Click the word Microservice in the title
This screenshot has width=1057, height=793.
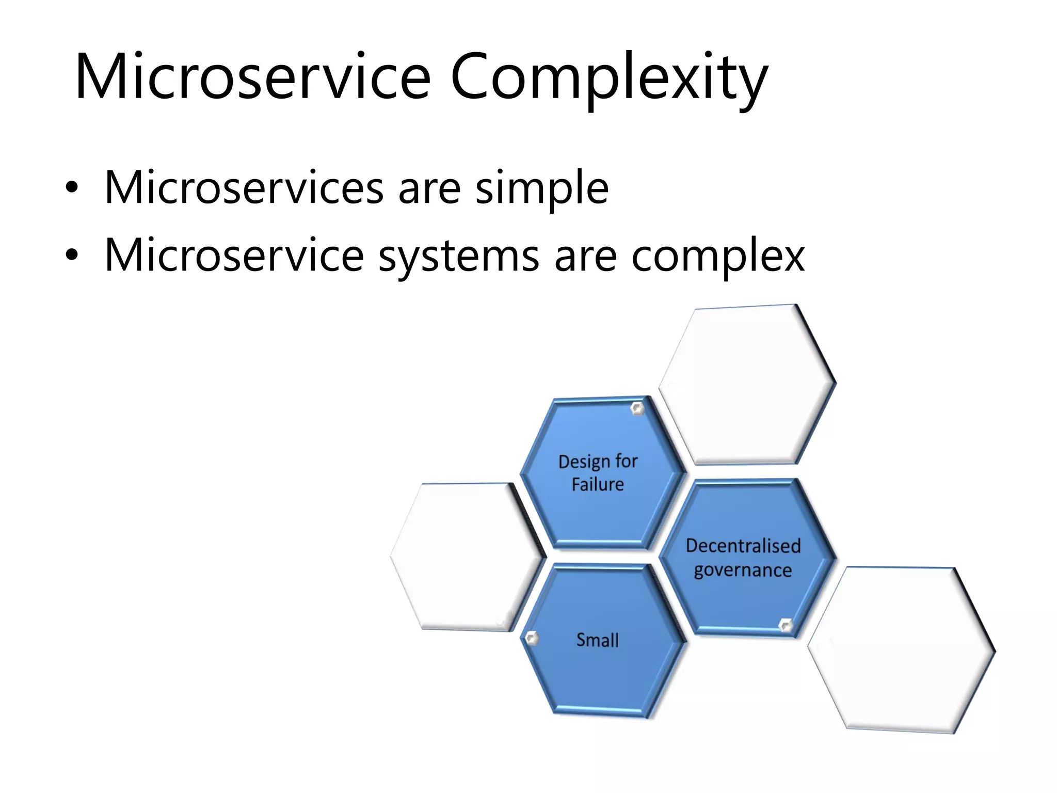point(253,77)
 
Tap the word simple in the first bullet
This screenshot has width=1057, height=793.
point(541,188)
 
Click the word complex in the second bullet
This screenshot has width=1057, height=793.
point(717,257)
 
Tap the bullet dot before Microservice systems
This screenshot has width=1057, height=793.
point(72,255)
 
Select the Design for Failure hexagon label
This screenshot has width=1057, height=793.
point(598,473)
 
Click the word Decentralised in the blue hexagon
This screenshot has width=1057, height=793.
point(743,546)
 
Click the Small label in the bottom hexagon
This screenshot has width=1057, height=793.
point(597,641)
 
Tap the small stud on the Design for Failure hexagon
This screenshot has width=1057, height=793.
point(637,409)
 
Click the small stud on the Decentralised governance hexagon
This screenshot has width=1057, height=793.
point(785,625)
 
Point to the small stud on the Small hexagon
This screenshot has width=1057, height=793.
point(532,639)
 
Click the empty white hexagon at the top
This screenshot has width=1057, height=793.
point(747,385)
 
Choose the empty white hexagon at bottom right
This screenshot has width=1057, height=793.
point(901,649)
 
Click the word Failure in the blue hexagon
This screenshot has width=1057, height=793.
point(598,485)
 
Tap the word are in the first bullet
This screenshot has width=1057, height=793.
point(429,188)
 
